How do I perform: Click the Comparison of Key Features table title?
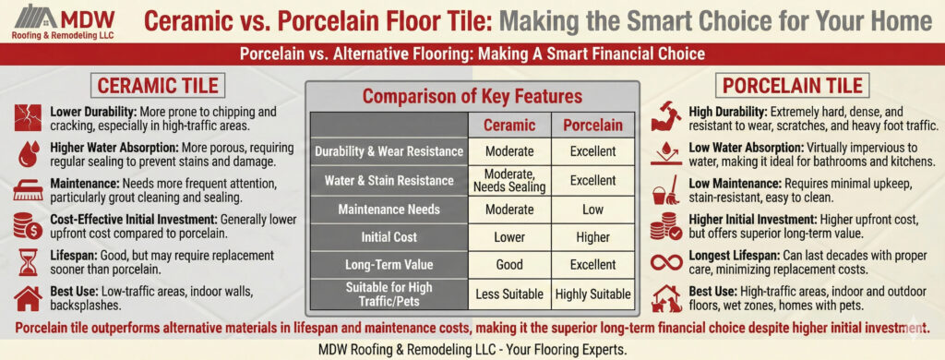(472, 96)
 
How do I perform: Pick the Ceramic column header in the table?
(508, 125)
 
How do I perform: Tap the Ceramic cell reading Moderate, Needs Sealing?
(508, 180)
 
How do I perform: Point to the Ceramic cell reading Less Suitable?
(508, 294)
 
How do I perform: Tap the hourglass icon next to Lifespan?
(27, 262)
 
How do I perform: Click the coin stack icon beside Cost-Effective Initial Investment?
(27, 227)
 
